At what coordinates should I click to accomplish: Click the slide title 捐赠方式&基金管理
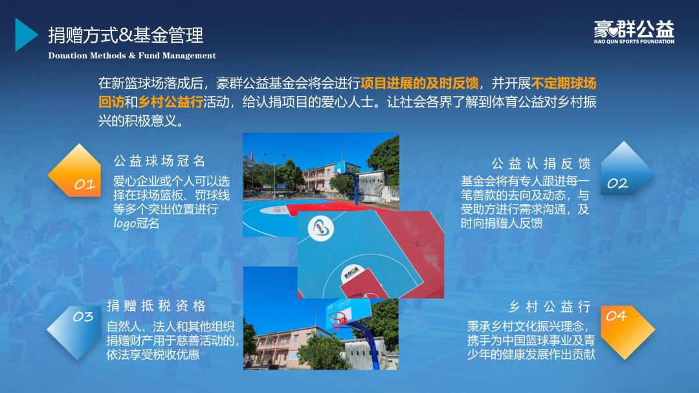[x=126, y=35]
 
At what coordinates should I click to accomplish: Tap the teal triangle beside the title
[x=25, y=35]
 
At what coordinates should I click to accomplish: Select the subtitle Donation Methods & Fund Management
[x=132, y=56]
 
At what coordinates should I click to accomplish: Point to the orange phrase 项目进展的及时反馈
[x=419, y=84]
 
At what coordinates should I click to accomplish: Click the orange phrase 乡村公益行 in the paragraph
[x=170, y=102]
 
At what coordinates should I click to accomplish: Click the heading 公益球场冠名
[x=160, y=161]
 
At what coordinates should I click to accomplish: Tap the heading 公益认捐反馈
[x=541, y=164]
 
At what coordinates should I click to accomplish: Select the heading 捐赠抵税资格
[x=156, y=306]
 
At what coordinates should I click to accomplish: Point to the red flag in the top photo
[x=252, y=156]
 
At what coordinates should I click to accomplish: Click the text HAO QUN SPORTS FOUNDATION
[x=634, y=41]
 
